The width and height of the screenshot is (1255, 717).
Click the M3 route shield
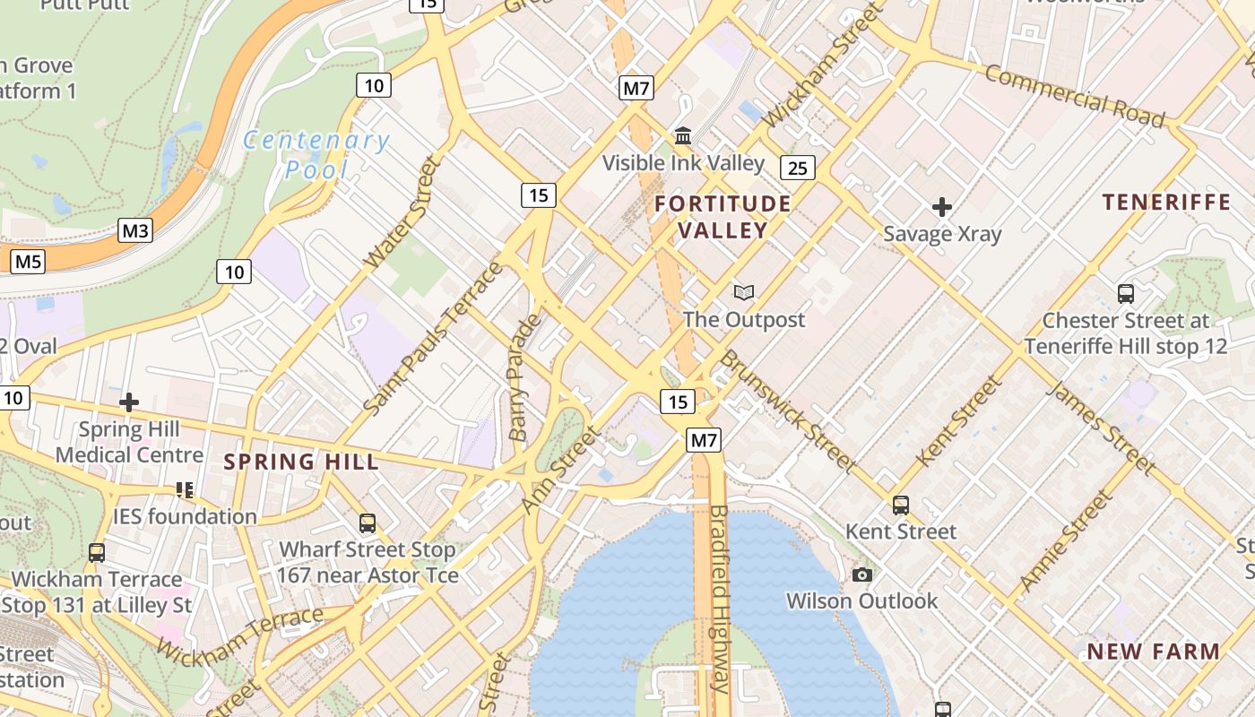click(135, 231)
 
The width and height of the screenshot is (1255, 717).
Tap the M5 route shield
click(28, 262)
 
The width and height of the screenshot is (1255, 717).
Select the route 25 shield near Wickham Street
click(797, 167)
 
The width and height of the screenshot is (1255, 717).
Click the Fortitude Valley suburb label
click(723, 217)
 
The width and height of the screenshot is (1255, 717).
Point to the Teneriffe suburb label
click(1166, 202)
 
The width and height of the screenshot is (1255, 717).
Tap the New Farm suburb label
click(1154, 652)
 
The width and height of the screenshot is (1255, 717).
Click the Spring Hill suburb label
click(301, 462)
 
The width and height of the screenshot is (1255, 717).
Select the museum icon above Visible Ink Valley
click(683, 136)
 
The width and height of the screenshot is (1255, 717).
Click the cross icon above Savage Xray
click(941, 208)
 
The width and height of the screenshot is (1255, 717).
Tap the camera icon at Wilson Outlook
click(862, 574)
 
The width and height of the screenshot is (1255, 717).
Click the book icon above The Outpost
click(743, 292)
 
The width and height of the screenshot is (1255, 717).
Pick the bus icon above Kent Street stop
click(901, 505)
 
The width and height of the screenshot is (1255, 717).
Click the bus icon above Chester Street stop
click(1125, 293)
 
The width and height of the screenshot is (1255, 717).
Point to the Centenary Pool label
click(316, 154)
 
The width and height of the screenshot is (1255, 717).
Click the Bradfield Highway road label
click(719, 599)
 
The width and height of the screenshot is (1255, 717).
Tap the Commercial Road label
click(1075, 96)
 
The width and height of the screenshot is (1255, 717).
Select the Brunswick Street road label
click(787, 410)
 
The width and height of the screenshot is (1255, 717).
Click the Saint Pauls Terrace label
click(434, 339)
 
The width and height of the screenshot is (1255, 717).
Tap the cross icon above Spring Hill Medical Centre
click(129, 402)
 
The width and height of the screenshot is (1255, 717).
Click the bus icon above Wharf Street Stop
click(367, 523)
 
